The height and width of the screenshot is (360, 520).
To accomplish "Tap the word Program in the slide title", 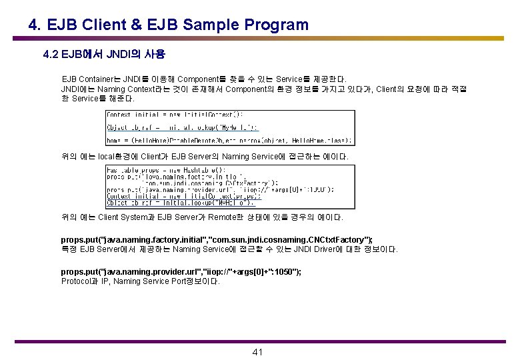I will (276, 25).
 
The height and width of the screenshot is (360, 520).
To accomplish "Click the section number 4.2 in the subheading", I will (51, 54).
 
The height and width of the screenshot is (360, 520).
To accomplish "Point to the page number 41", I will (259, 352).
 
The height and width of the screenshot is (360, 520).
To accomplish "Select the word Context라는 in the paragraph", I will (145, 89).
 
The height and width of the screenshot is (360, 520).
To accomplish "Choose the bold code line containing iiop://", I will (181, 271).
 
